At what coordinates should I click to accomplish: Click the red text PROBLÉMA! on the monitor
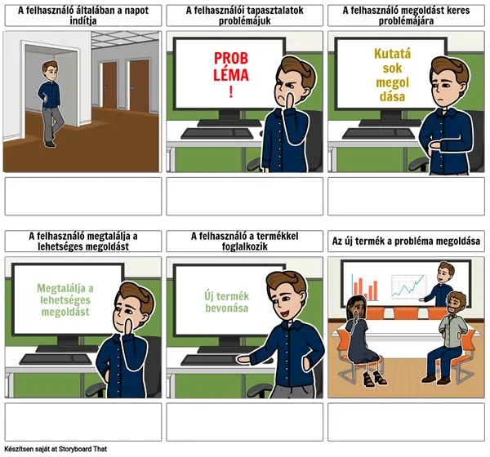231,74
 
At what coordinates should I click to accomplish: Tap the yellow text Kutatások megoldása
393,75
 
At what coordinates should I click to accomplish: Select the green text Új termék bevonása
227,302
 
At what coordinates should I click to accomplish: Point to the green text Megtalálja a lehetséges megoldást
65,299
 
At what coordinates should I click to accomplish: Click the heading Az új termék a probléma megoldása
406,242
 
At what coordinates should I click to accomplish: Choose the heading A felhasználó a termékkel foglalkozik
245,242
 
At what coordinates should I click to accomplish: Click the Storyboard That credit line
56,449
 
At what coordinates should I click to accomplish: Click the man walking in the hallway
51,104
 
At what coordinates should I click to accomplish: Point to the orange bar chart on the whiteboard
365,287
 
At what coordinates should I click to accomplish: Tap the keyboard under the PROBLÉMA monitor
217,134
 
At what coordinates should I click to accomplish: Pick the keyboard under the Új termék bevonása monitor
216,360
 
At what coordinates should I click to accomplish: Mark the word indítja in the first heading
83,21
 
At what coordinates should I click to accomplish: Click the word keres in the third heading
458,11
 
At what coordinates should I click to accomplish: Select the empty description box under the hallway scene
83,196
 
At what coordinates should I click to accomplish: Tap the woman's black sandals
375,379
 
